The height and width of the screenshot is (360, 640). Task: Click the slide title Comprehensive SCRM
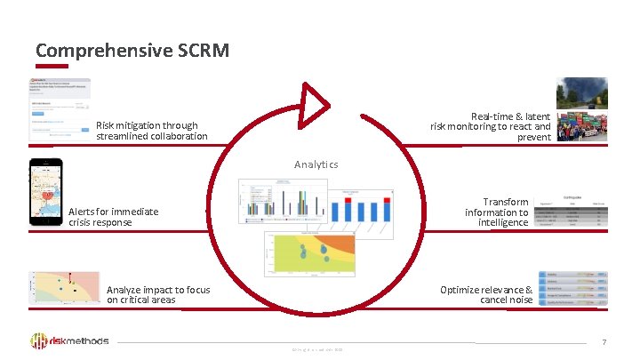tap(132, 50)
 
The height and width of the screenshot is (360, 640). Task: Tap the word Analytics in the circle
tap(316, 164)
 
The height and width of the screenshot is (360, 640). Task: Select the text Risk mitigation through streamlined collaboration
tap(151, 131)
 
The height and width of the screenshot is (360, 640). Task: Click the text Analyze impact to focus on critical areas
tap(158, 295)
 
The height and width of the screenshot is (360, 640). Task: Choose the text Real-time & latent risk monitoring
tap(491, 127)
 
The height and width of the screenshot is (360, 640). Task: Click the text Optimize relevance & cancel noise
tap(486, 295)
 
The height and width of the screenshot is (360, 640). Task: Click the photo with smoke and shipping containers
tap(582, 110)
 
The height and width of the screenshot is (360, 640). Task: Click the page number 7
tap(604, 341)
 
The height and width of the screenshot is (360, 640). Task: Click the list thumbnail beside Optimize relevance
tap(573, 289)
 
